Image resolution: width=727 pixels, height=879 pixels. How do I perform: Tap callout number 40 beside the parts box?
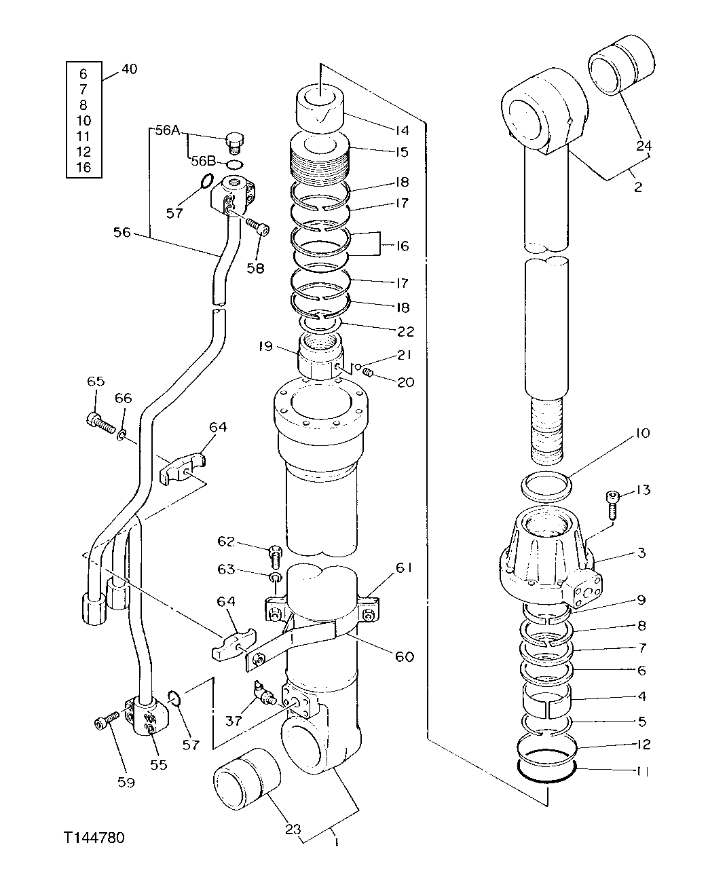[129, 69]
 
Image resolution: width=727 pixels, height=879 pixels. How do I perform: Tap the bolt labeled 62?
[276, 556]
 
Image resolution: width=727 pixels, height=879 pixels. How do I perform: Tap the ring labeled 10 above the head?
[546, 485]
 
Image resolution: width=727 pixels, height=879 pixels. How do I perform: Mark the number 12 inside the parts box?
[83, 151]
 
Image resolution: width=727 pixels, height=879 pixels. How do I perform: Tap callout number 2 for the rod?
[637, 187]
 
